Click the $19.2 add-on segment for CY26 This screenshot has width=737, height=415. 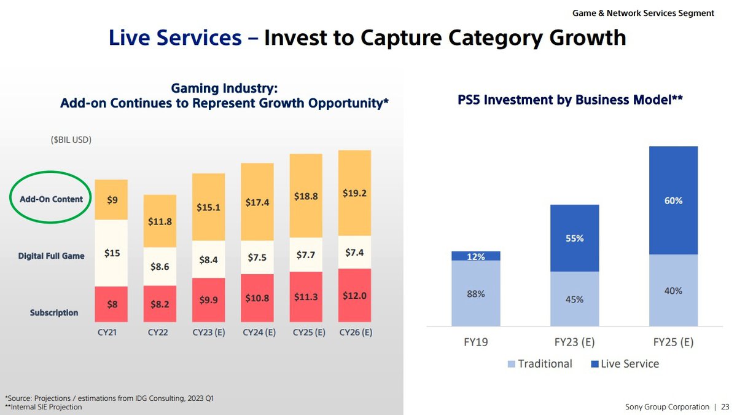(x=354, y=193)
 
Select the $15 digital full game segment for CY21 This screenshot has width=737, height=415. (x=111, y=253)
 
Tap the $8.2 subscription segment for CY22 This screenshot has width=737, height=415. (x=160, y=304)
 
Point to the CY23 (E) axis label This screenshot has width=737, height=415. (x=208, y=333)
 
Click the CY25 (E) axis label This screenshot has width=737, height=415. (x=306, y=333)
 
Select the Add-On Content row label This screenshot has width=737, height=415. (x=50, y=199)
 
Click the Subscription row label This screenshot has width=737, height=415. (x=54, y=313)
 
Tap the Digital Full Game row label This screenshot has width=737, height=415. (x=51, y=256)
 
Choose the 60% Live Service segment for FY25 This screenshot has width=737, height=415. (x=673, y=200)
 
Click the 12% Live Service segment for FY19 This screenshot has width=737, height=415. (x=475, y=256)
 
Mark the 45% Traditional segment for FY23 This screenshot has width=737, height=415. (x=574, y=299)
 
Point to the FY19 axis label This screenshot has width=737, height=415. (x=475, y=341)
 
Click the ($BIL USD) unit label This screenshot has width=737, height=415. (x=71, y=140)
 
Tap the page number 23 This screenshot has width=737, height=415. (x=725, y=407)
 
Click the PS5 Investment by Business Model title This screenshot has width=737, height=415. (x=571, y=100)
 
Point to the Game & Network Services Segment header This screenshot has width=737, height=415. (x=643, y=13)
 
